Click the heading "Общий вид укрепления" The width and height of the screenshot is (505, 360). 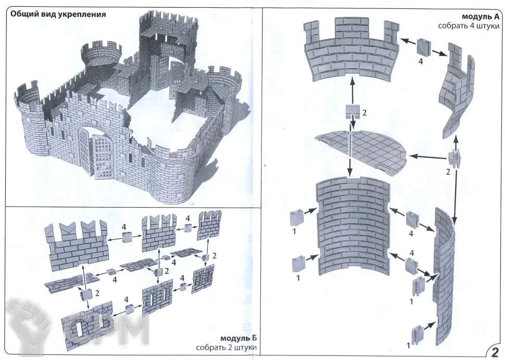click(x=58, y=15)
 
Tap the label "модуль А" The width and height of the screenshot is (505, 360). click(x=482, y=17)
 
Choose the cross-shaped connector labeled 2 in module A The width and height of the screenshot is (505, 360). click(x=453, y=157)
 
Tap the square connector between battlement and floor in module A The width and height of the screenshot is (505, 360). click(x=352, y=111)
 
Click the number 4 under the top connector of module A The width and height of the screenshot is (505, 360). click(x=421, y=60)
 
